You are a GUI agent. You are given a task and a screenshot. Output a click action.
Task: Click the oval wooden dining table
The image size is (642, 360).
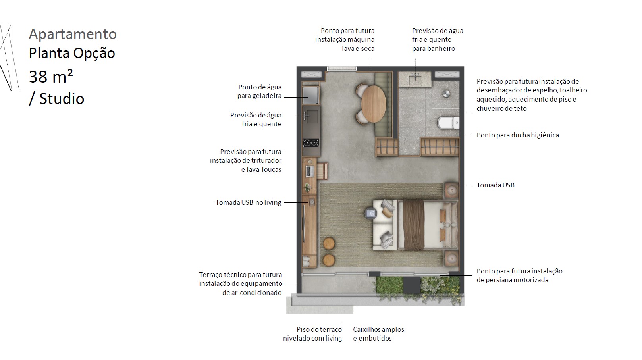point(374,104)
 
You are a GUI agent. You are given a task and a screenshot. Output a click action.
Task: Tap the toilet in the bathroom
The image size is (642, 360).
point(448,123)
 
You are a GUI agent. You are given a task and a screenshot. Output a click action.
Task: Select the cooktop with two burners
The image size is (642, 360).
point(311,142)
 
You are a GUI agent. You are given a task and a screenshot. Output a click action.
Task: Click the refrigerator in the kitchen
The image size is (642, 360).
point(311,95)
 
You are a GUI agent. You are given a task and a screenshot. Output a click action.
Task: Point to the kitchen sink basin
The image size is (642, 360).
point(312,116)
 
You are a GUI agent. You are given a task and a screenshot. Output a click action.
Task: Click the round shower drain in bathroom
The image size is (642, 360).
point(446,94)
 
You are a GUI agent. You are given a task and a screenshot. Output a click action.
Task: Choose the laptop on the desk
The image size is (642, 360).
point(309,171)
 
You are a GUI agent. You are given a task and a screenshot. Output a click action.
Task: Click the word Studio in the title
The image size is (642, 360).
point(62,98)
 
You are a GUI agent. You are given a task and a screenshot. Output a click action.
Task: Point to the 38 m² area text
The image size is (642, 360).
point(51,77)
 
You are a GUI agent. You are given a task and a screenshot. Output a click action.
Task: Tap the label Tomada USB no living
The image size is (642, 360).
point(249,202)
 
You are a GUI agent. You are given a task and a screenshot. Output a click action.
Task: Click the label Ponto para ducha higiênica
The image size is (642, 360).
point(518,135)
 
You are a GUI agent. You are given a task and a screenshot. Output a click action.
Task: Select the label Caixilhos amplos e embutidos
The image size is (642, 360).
point(378,334)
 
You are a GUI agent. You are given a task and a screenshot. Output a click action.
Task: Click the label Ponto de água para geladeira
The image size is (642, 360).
point(259,91)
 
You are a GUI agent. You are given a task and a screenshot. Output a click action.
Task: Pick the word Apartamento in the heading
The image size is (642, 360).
point(73,34)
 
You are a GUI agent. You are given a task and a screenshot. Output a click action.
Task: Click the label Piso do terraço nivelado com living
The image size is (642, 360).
point(313,334)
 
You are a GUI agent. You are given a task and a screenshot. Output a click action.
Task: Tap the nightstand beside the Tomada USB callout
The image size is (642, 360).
point(451,190)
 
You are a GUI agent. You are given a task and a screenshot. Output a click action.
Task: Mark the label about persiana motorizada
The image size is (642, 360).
point(519,275)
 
